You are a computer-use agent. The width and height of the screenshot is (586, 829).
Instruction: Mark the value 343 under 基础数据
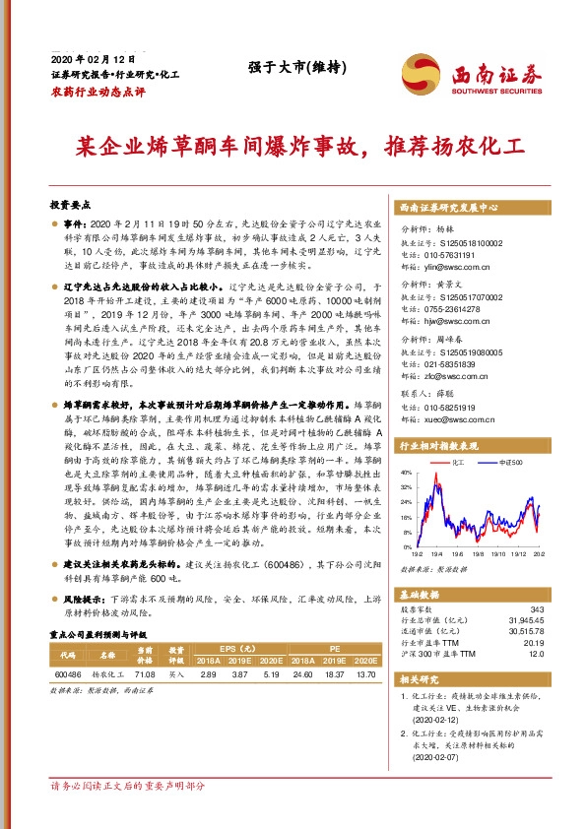tap(536, 610)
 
